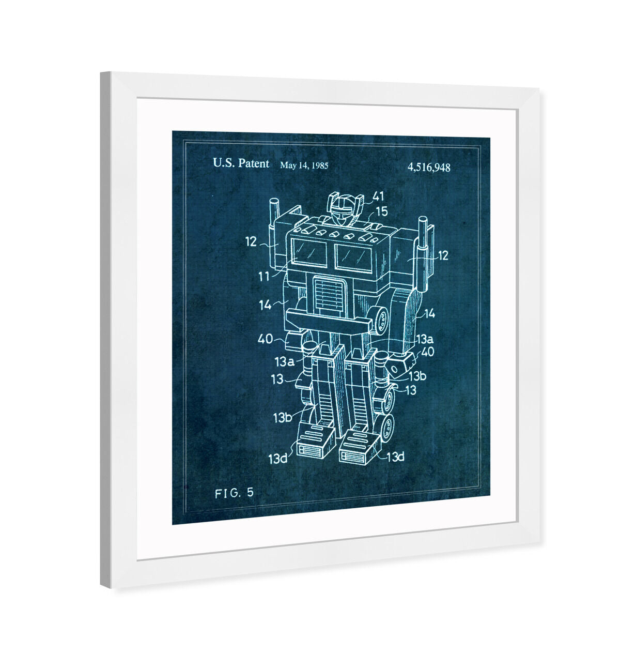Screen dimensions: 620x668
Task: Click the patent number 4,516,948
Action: coord(429,167)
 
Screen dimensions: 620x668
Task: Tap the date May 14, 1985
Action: coord(304,165)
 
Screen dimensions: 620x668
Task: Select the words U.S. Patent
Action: coord(241,163)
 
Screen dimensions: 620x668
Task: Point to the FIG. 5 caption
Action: coord(234,493)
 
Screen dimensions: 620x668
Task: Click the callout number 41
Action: coord(378,196)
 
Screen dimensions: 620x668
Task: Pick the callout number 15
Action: coord(382,211)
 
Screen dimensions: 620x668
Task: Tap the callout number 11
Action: coord(264,277)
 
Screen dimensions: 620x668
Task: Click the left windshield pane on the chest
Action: coord(309,252)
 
